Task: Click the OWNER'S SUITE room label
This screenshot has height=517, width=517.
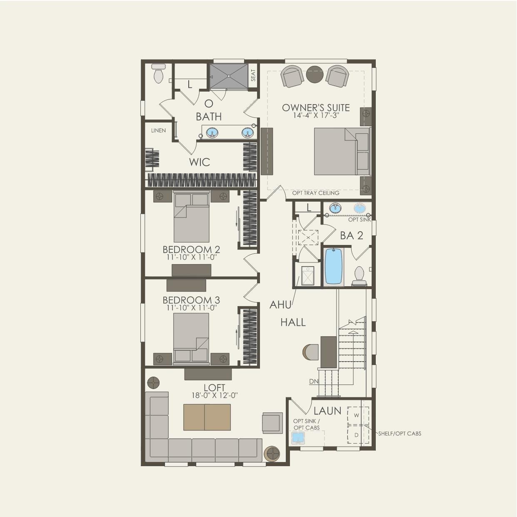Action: click(x=316, y=107)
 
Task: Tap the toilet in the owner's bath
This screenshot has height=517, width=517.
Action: click(x=158, y=74)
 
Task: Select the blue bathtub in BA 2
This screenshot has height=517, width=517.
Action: click(x=334, y=266)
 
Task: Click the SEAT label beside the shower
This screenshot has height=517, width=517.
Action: click(x=253, y=75)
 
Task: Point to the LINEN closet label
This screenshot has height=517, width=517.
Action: click(x=158, y=130)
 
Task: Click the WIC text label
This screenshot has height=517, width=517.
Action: click(x=200, y=162)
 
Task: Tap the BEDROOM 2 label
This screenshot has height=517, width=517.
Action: click(x=191, y=250)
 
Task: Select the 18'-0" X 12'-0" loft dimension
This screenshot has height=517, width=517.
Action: click(x=215, y=396)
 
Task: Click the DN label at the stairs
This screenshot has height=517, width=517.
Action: click(x=314, y=381)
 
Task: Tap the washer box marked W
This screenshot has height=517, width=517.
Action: click(x=357, y=415)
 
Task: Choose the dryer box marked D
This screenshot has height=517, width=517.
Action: click(x=357, y=435)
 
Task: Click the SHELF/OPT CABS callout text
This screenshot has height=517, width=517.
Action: click(x=400, y=434)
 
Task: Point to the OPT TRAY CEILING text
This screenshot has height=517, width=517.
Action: click(x=316, y=193)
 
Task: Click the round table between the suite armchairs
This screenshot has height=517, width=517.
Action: click(x=315, y=74)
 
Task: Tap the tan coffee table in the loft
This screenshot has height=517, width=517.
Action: click(x=207, y=417)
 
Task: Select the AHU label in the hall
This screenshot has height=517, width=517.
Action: click(x=280, y=305)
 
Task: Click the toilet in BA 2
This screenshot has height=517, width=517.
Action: click(x=359, y=275)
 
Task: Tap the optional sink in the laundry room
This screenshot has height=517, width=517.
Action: click(x=298, y=438)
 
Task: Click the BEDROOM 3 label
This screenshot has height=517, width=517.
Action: click(x=191, y=300)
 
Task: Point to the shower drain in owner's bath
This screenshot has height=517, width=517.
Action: click(x=228, y=76)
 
